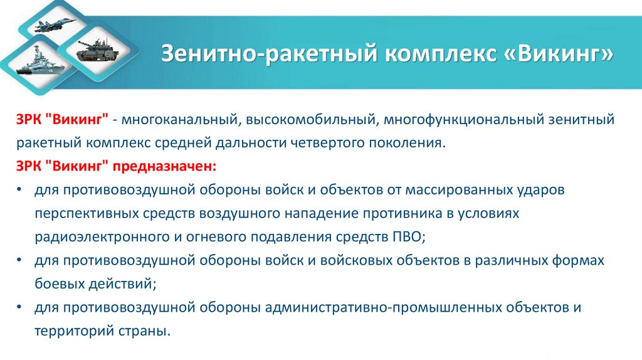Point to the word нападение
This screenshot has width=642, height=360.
(x=319, y=213)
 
